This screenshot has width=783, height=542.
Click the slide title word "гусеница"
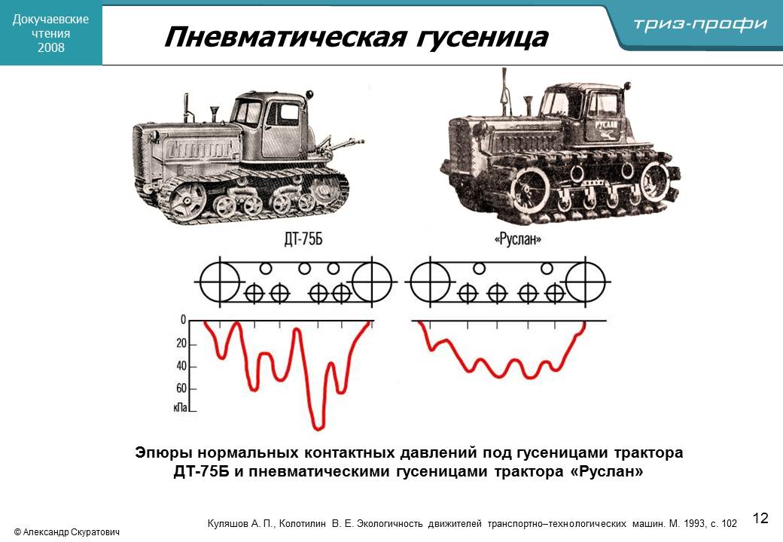[481, 37]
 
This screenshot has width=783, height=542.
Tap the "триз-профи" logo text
[700, 23]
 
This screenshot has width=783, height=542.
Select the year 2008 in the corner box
[51, 47]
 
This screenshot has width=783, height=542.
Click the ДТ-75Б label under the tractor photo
[303, 239]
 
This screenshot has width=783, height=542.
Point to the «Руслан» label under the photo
[518, 239]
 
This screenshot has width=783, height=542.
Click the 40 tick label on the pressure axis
[181, 366]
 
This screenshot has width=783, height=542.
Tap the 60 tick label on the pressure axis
[181, 388]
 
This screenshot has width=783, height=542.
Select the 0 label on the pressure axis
[183, 319]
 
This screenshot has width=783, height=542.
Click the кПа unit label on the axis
[180, 406]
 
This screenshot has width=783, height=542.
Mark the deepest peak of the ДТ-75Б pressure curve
[318, 428]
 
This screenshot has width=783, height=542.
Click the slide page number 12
[760, 518]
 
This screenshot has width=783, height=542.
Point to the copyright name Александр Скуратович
[72, 532]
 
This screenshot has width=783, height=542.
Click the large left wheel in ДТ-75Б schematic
[220, 282]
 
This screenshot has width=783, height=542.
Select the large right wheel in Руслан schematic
[585, 282]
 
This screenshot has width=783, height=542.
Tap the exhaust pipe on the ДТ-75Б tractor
[186, 108]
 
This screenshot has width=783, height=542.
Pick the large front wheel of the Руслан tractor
[530, 190]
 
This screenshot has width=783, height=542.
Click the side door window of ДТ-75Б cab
[284, 114]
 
